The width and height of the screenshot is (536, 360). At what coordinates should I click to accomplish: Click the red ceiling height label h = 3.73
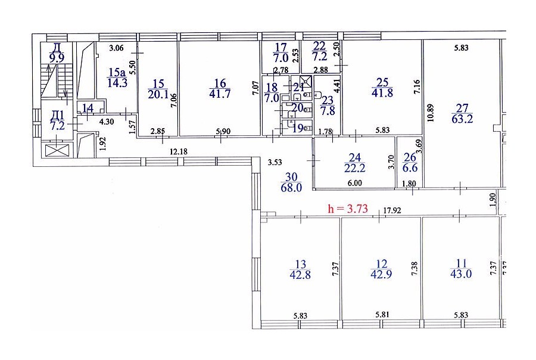pos(348,209)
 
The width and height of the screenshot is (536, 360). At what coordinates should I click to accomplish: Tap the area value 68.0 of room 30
pos(291,188)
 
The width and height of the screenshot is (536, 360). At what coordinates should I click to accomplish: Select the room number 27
pos(462,108)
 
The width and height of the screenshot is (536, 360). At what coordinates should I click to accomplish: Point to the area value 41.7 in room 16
pos(220,94)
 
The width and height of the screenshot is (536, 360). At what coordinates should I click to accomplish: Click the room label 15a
pos(117,72)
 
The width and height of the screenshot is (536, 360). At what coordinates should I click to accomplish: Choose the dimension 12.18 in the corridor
pos(179,151)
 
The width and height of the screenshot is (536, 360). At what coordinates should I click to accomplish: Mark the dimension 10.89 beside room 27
pos(431,113)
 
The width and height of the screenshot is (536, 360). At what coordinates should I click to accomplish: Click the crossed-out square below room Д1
pos(57,151)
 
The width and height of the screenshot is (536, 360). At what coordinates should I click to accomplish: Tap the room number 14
pos(88,108)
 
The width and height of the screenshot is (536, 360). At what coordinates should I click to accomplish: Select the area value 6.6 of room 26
pos(410,167)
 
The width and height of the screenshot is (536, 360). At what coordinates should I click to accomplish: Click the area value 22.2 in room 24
pos(355,167)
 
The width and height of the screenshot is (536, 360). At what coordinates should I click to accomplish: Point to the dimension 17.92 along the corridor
pos(392,210)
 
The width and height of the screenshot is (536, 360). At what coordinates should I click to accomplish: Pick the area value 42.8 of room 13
pos(300,275)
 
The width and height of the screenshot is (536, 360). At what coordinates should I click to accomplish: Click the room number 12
pos(382,264)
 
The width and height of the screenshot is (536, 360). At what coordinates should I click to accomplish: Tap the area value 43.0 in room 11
pos(461,274)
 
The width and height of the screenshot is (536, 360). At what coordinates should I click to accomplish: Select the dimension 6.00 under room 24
pos(355,183)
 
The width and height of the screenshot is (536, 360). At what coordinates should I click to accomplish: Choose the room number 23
pos(328,100)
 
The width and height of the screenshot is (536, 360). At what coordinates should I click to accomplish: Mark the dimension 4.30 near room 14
pos(107,122)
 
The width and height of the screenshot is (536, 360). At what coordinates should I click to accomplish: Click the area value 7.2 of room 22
pos(320,56)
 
